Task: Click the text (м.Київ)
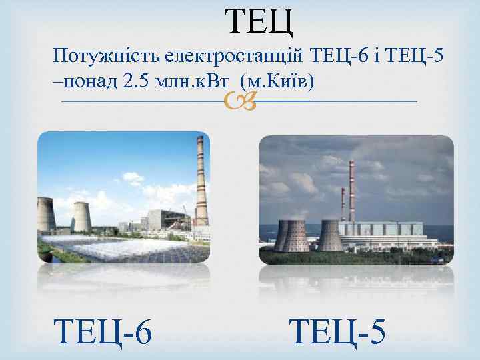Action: [x=281, y=82]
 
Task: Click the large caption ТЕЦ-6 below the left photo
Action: [x=103, y=331]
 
